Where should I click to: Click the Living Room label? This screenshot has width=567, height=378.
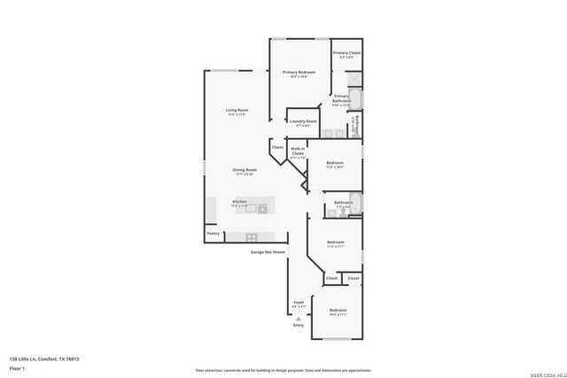click(x=236, y=112)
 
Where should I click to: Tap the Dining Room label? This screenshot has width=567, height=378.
click(x=245, y=172)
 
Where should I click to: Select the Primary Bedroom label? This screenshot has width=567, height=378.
click(x=299, y=73)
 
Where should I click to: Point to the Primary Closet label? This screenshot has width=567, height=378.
click(x=346, y=55)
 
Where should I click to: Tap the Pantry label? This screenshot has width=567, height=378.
click(x=213, y=234)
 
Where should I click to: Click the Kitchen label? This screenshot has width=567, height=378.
click(x=239, y=203)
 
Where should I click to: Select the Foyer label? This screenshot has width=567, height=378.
click(x=299, y=304)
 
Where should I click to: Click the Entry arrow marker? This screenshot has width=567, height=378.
click(x=299, y=320)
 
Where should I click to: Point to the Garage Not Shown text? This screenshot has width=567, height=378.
click(x=267, y=252)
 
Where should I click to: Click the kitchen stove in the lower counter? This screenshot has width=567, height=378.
click(x=252, y=236)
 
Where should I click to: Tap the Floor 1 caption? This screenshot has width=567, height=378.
click(x=17, y=367)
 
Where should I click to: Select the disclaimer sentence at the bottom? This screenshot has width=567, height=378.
click(x=283, y=370)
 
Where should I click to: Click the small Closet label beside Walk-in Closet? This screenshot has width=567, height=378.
click(x=277, y=147)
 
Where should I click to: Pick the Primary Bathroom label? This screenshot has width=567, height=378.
click(x=342, y=102)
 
